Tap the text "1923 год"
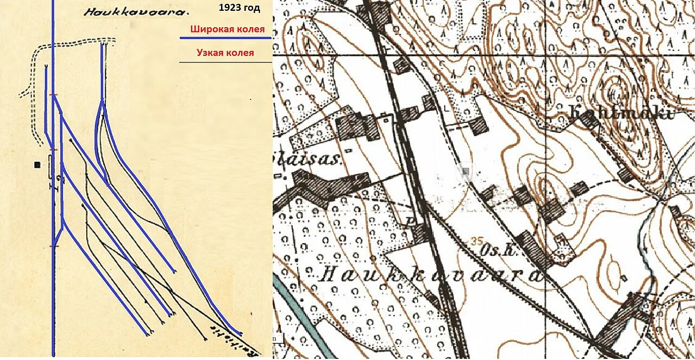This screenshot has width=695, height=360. [x=239, y=8]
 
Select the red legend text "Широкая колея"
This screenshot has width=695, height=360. [x=227, y=29]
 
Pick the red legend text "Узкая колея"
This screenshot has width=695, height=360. [x=225, y=53]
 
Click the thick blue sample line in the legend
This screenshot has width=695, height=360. [x=225, y=39]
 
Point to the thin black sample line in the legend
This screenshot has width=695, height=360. [x=225, y=62]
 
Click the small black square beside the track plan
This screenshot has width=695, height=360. [x=37, y=165]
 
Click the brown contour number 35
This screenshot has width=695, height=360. [x=477, y=241]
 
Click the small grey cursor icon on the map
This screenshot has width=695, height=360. [x=465, y=173]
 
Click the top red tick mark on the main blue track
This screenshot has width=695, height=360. [x=53, y=95]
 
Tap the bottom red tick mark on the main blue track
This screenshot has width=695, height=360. [x=53, y=246]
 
